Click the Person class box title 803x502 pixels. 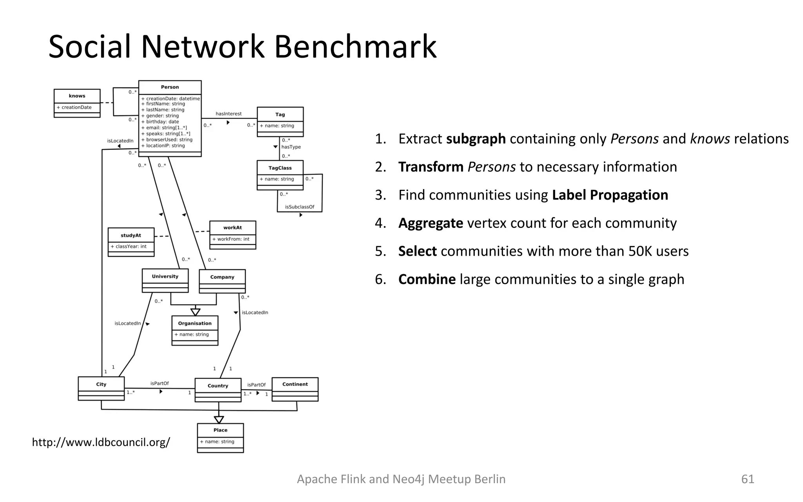170,87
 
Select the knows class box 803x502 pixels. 77,103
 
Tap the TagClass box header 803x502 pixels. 280,168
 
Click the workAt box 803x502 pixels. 233,235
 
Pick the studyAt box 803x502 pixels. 131,242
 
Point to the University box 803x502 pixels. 165,280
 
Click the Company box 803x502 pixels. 222,281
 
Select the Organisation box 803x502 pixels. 195,330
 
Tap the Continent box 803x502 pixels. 295,389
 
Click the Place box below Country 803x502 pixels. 220,437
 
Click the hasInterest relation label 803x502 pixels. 229,114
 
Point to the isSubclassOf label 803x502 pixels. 300,207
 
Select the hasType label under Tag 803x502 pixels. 291,147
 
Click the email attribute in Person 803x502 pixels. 166,128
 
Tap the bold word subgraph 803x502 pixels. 476,139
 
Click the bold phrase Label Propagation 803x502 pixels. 610,195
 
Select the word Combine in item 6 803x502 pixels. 427,279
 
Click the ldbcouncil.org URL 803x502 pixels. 101,442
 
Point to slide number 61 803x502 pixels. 747,479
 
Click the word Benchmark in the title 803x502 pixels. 355,47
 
